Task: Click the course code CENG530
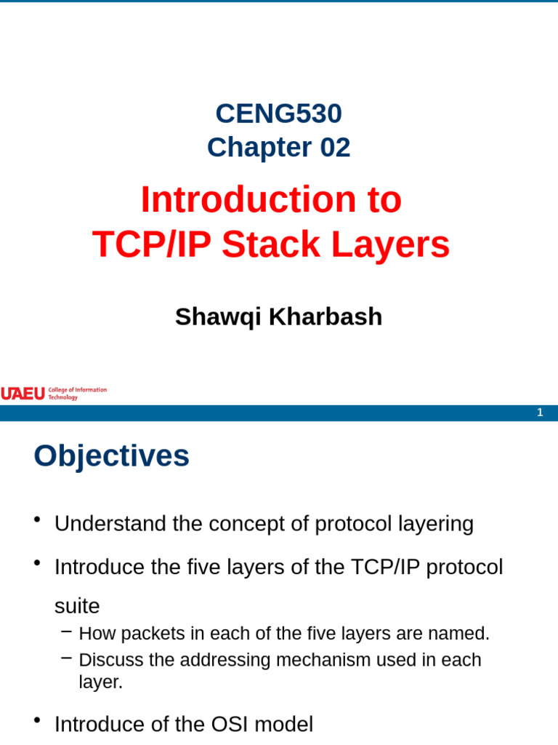(x=278, y=113)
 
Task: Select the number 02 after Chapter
(x=335, y=148)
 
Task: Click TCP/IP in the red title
(x=152, y=244)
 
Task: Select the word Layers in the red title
(x=391, y=244)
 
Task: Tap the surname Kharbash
(x=325, y=316)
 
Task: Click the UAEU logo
(x=23, y=394)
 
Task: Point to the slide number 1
(x=540, y=413)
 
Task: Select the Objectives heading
(x=111, y=456)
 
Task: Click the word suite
(x=77, y=606)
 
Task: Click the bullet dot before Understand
(x=37, y=520)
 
